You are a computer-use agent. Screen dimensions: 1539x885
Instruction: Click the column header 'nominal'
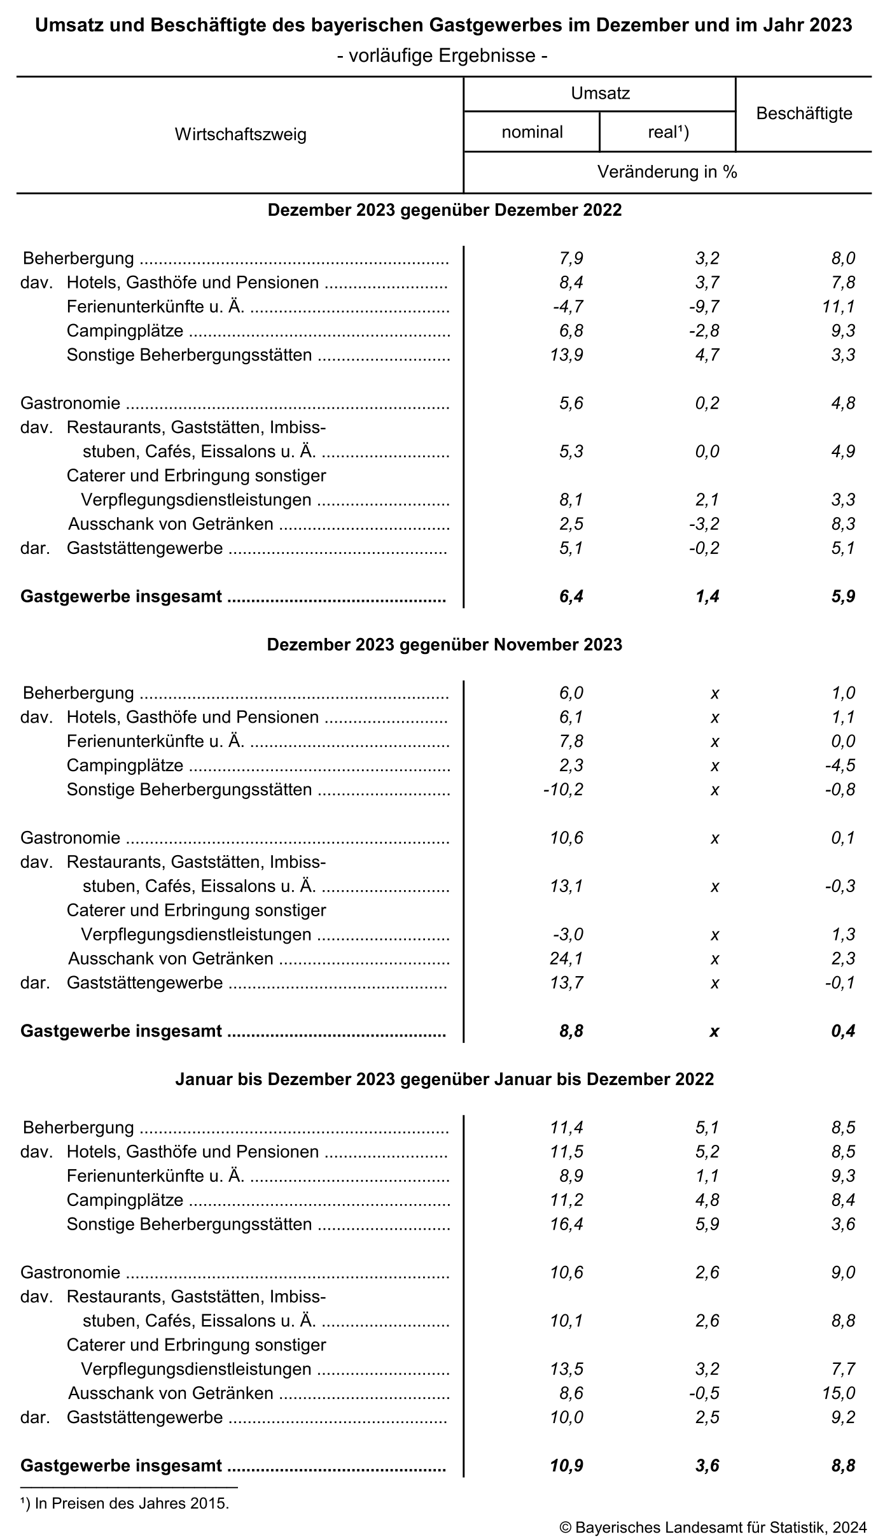pos(532,132)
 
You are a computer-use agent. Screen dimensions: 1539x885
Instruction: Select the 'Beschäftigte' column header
pos(804,114)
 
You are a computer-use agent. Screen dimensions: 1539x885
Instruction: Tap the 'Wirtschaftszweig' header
pos(240,134)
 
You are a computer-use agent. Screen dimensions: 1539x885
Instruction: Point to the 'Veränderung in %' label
pos(667,172)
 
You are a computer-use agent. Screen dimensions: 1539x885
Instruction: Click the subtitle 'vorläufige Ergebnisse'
pos(443,56)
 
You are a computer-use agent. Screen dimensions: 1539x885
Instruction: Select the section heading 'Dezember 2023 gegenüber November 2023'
pos(444,644)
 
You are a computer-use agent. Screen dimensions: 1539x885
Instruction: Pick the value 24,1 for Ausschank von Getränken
pos(567,958)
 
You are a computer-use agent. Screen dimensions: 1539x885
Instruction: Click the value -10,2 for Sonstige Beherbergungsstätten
pos(563,790)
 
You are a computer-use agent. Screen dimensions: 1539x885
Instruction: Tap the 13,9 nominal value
pos(567,355)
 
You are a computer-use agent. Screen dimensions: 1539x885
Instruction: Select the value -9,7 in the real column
pos(704,306)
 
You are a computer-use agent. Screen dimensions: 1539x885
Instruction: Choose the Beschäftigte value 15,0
pos(839,1393)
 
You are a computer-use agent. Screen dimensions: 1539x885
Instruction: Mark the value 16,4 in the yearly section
pos(567,1224)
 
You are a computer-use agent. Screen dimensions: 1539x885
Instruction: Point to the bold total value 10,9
pos(566,1465)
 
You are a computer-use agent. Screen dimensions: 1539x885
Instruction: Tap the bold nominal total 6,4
pos(571,596)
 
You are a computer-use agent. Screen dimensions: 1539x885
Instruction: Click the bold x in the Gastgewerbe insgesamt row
pos(714,1031)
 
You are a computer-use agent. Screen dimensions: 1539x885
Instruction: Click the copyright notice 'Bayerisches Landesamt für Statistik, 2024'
pos(713,1527)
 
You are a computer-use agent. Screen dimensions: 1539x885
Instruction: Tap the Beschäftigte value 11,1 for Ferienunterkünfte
pos(840,306)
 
